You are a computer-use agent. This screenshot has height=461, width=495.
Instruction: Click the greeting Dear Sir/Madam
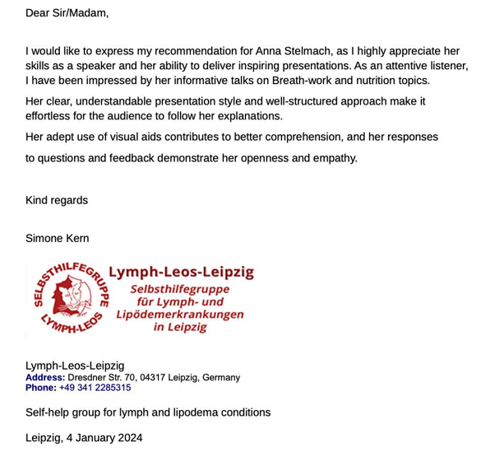[67, 13]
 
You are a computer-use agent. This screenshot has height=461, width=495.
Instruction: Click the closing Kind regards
[57, 200]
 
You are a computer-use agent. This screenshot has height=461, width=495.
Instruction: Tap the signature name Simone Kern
[58, 238]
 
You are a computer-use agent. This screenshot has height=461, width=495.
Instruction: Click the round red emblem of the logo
[70, 298]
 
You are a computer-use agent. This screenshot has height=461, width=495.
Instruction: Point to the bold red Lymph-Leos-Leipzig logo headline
[187, 272]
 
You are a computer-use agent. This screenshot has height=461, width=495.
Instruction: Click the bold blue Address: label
[45, 378]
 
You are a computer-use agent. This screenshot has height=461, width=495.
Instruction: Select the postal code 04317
[150, 378]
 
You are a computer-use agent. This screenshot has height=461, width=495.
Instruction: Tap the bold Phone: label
[41, 388]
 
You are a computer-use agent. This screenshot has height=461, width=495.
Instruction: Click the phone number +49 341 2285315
[95, 388]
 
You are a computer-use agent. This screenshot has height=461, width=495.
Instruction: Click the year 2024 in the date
[128, 438]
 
